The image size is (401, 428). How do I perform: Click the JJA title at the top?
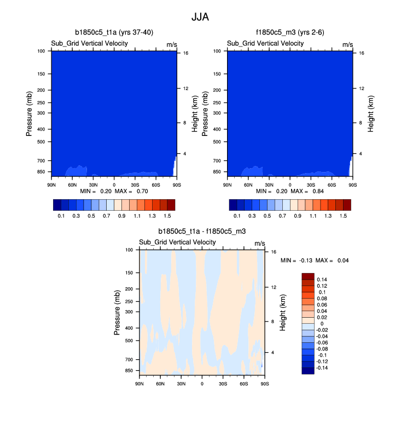tap(200, 17)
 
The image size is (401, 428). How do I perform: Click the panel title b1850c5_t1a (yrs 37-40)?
tap(114, 33)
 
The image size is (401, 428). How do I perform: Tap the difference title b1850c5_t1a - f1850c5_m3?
tap(202, 231)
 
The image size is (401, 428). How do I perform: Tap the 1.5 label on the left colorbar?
tap(171, 216)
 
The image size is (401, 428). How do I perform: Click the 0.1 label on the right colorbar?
tap(237, 216)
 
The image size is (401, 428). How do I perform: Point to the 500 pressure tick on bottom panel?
tap(130, 341)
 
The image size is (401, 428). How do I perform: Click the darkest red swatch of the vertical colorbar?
tap(308, 276)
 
